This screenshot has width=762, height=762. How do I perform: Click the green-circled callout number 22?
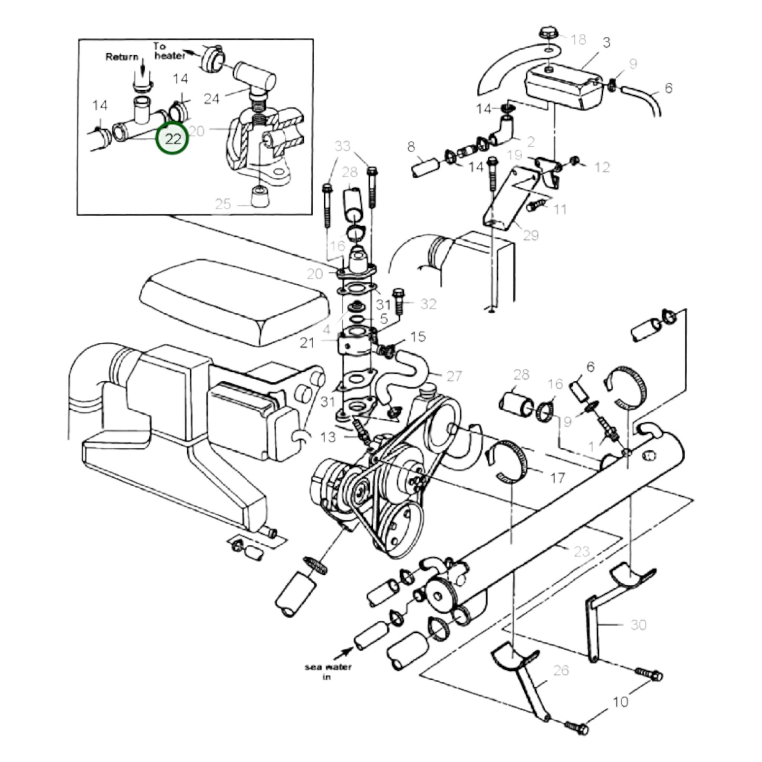coord(173,139)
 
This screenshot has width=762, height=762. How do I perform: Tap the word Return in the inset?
coord(122,57)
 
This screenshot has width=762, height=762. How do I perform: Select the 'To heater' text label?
coord(169,51)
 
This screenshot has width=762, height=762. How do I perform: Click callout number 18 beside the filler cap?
coord(578,40)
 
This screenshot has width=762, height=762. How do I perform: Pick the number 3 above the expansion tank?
coord(606,43)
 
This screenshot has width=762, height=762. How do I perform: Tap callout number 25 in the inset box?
coord(223,204)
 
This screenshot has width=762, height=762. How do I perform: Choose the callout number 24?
coord(211,99)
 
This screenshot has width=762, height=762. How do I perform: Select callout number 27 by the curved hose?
coord(454,376)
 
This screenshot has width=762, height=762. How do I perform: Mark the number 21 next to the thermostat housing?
coord(307,343)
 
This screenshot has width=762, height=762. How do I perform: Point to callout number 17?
coord(557,478)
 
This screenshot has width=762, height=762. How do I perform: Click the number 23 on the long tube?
coord(581,551)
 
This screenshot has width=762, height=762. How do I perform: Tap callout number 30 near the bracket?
coord(638,625)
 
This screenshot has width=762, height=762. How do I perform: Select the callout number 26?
coord(561,670)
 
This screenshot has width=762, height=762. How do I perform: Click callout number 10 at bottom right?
coord(620,702)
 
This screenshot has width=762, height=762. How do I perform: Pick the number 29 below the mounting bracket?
coord(530,235)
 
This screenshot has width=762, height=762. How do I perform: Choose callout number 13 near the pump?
coord(327,437)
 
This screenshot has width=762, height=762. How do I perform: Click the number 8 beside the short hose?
coord(411,147)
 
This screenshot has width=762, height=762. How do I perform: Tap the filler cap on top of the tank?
coord(548,33)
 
